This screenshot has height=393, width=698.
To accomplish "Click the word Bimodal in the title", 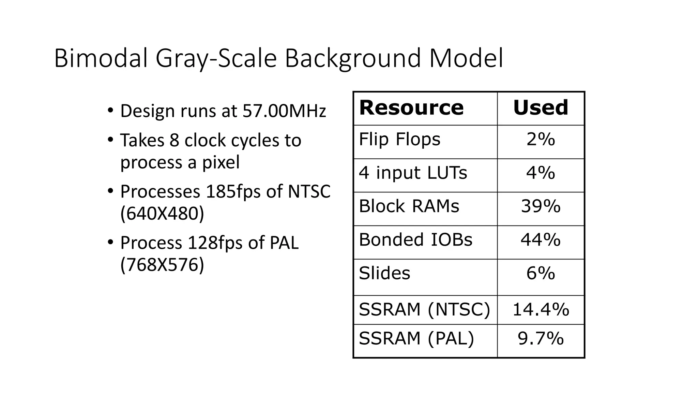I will (101, 58).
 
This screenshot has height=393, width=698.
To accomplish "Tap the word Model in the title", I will (466, 58).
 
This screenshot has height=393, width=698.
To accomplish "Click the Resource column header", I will (411, 108).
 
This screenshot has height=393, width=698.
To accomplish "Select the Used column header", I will (541, 108).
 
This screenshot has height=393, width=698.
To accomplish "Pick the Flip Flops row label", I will (399, 140).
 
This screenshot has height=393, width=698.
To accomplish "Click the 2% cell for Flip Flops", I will (541, 140).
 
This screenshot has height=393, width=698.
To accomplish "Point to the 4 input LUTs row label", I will (413, 173).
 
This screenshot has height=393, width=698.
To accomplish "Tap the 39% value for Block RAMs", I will (541, 206).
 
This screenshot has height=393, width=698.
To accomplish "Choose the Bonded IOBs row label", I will (415, 240).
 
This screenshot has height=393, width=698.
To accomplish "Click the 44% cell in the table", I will (541, 240).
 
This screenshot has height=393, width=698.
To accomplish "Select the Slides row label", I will (384, 273).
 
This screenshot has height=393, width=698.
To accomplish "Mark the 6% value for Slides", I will (541, 273).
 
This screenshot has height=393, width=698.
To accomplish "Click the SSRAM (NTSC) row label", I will (424, 310).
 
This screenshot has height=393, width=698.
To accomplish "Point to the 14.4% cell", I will (541, 310).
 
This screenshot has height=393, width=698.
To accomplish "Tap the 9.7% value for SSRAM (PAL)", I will (541, 338).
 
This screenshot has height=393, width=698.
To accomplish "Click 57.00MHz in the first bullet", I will (284, 111).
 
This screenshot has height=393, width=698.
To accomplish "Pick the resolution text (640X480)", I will (162, 214).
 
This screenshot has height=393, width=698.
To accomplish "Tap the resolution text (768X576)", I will (162, 265).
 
